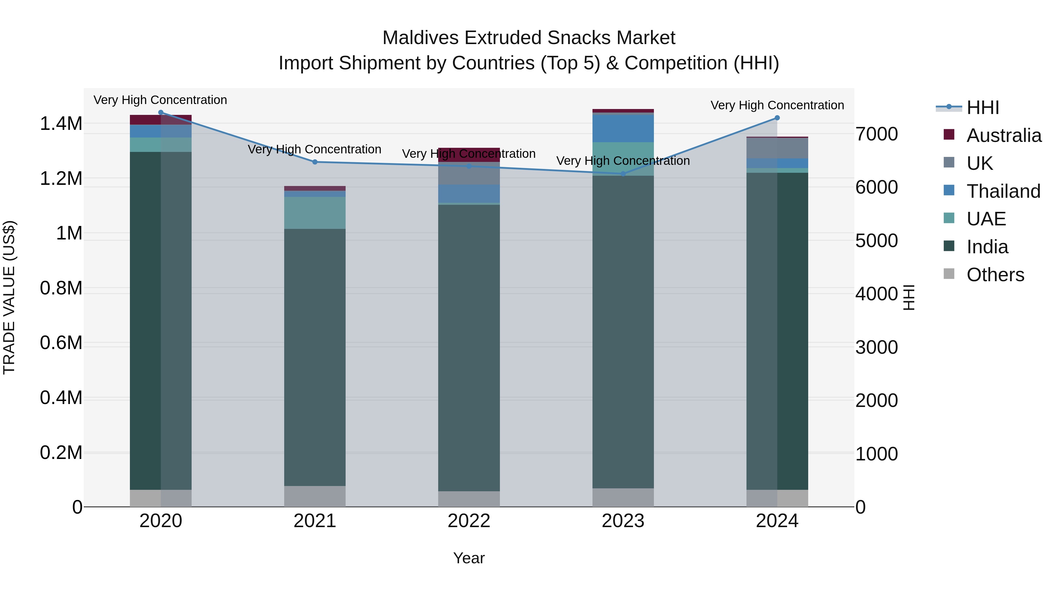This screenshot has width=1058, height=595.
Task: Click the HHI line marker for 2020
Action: coord(160,113)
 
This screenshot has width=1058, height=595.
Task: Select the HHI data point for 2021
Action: coord(315,162)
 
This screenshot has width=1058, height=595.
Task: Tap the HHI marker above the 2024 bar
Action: coord(777,118)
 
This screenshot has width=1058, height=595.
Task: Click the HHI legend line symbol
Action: coord(949,107)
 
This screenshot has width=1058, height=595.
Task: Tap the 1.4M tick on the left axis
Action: coord(61,124)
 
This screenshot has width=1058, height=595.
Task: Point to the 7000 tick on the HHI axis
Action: coord(876,134)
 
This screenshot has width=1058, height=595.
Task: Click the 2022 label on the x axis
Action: coord(469,521)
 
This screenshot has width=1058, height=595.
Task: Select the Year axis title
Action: coord(469,558)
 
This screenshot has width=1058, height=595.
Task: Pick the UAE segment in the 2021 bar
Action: coord(315,213)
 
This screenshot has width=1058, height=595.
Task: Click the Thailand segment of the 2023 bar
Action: coord(623,128)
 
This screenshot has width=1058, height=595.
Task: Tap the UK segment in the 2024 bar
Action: coord(777,148)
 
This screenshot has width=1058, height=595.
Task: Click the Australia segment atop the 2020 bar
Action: coord(160,120)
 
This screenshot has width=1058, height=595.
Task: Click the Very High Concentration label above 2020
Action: coord(160,100)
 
